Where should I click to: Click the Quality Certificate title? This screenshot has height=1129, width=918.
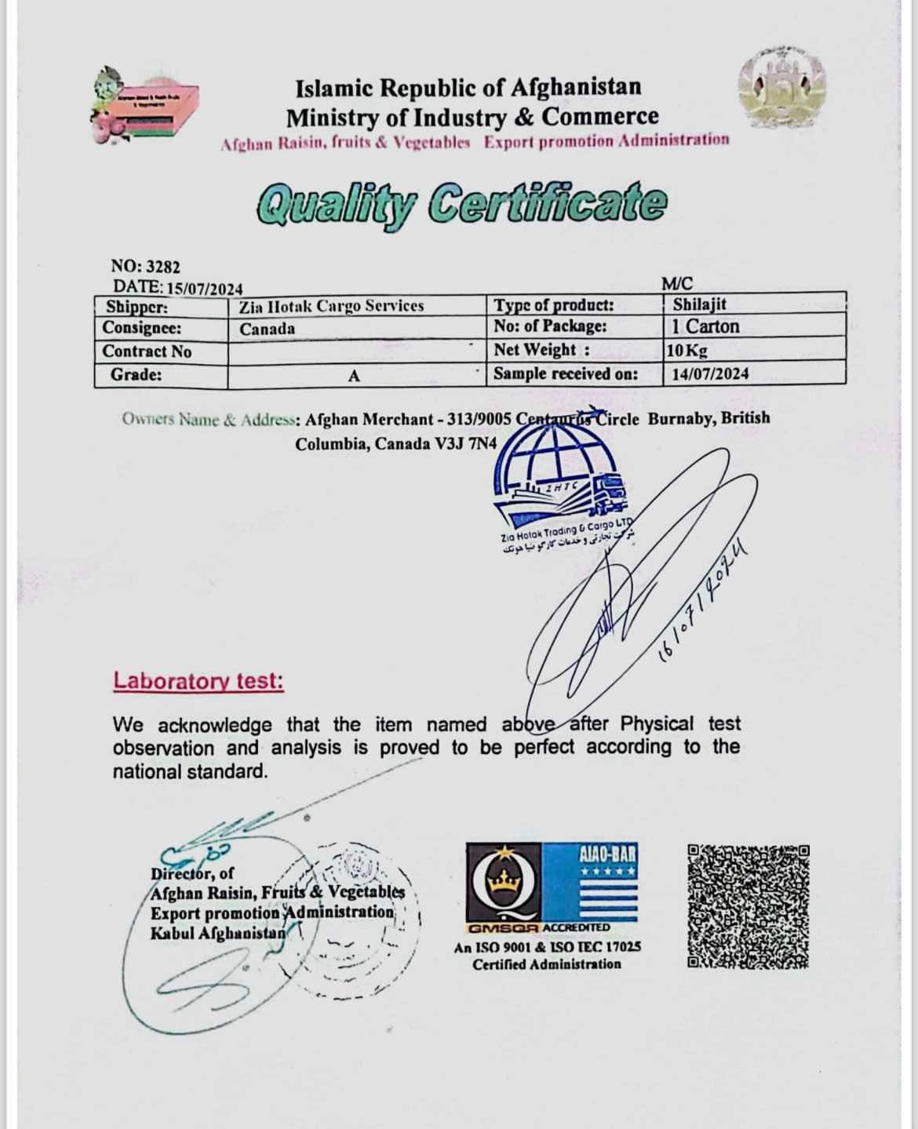click(461, 203)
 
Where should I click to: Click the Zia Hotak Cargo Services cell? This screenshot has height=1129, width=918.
click(331, 306)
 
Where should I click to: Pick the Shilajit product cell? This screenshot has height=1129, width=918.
click(699, 304)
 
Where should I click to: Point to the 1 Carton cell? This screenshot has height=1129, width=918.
click(705, 326)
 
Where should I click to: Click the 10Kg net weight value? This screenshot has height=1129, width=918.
click(687, 350)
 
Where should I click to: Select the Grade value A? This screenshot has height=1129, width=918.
click(354, 376)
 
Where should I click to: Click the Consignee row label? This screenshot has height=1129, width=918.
click(142, 327)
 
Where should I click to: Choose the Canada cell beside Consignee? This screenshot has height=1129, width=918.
click(268, 329)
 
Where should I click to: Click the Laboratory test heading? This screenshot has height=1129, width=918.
click(199, 680)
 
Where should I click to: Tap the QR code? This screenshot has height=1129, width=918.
click(749, 905)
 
